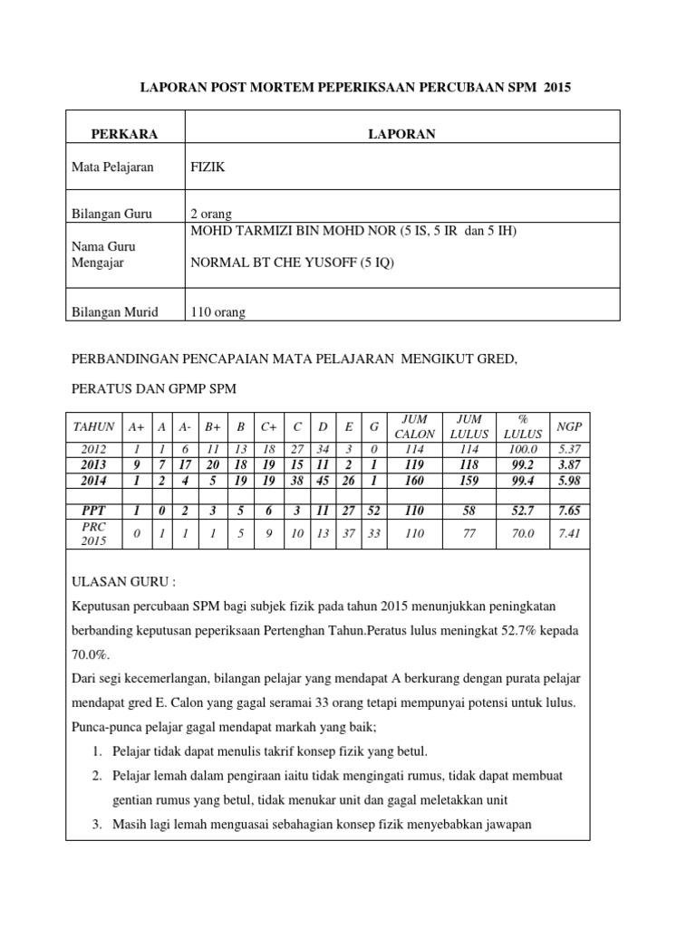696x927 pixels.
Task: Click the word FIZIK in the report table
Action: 208,167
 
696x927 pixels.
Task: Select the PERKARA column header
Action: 124,134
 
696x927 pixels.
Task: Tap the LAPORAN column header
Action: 401,134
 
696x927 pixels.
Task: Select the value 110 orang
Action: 217,312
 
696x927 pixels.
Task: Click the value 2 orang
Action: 211,214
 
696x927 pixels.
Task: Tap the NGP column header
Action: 570,426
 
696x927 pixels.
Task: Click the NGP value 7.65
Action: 570,511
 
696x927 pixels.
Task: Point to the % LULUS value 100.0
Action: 523,450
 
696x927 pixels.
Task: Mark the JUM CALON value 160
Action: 415,481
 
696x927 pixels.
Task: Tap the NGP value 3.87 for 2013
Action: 570,465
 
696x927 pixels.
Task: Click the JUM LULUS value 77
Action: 469,534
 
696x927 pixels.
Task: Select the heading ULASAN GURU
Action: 111,583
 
